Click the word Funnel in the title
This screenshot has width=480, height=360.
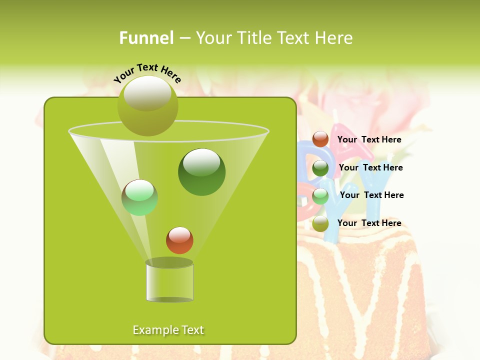(x=146, y=38)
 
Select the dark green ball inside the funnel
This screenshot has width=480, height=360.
(x=201, y=171)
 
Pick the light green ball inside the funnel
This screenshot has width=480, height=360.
(x=140, y=197)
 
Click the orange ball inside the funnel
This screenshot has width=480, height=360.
(x=179, y=240)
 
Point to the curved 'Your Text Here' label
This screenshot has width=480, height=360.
(x=147, y=72)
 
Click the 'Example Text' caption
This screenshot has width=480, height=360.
(x=168, y=330)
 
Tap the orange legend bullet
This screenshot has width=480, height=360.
(x=320, y=139)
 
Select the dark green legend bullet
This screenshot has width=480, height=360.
(x=320, y=168)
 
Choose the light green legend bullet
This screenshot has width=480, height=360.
(x=320, y=196)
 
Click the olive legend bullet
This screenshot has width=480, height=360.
(x=320, y=223)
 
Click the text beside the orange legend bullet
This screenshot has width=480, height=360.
(x=369, y=139)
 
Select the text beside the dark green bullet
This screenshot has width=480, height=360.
(x=370, y=167)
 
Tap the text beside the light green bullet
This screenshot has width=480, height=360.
(x=371, y=195)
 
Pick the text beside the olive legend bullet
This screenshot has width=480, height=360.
(x=369, y=223)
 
